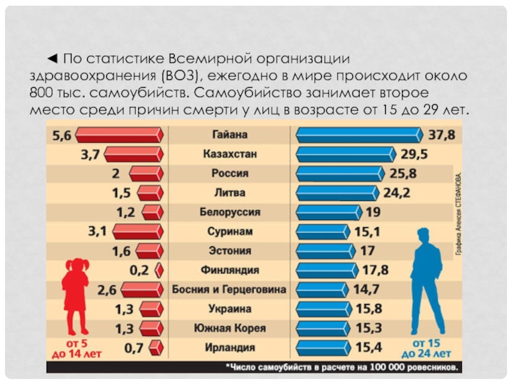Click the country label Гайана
[x=230, y=135]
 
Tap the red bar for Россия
[x=146, y=173]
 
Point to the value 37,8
[x=442, y=135]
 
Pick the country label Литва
[x=230, y=193]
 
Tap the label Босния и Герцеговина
[x=230, y=289]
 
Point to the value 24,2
[x=397, y=193]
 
